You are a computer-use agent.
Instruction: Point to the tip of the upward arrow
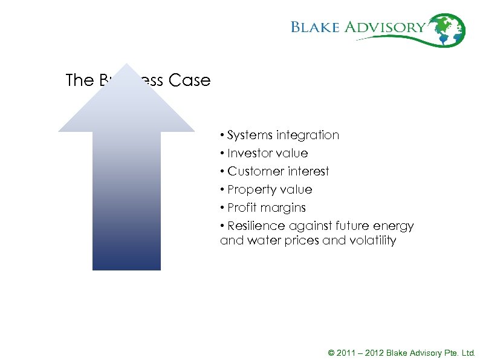[x=126, y=65]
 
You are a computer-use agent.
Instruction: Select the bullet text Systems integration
[x=283, y=135]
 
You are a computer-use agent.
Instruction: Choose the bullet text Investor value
[x=267, y=153]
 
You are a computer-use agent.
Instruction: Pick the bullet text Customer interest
[x=278, y=171]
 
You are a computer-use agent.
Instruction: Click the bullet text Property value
[x=270, y=189]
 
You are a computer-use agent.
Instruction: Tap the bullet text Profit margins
[x=267, y=208]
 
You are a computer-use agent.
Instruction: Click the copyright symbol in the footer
[x=331, y=353]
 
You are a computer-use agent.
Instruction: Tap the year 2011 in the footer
[x=345, y=353]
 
